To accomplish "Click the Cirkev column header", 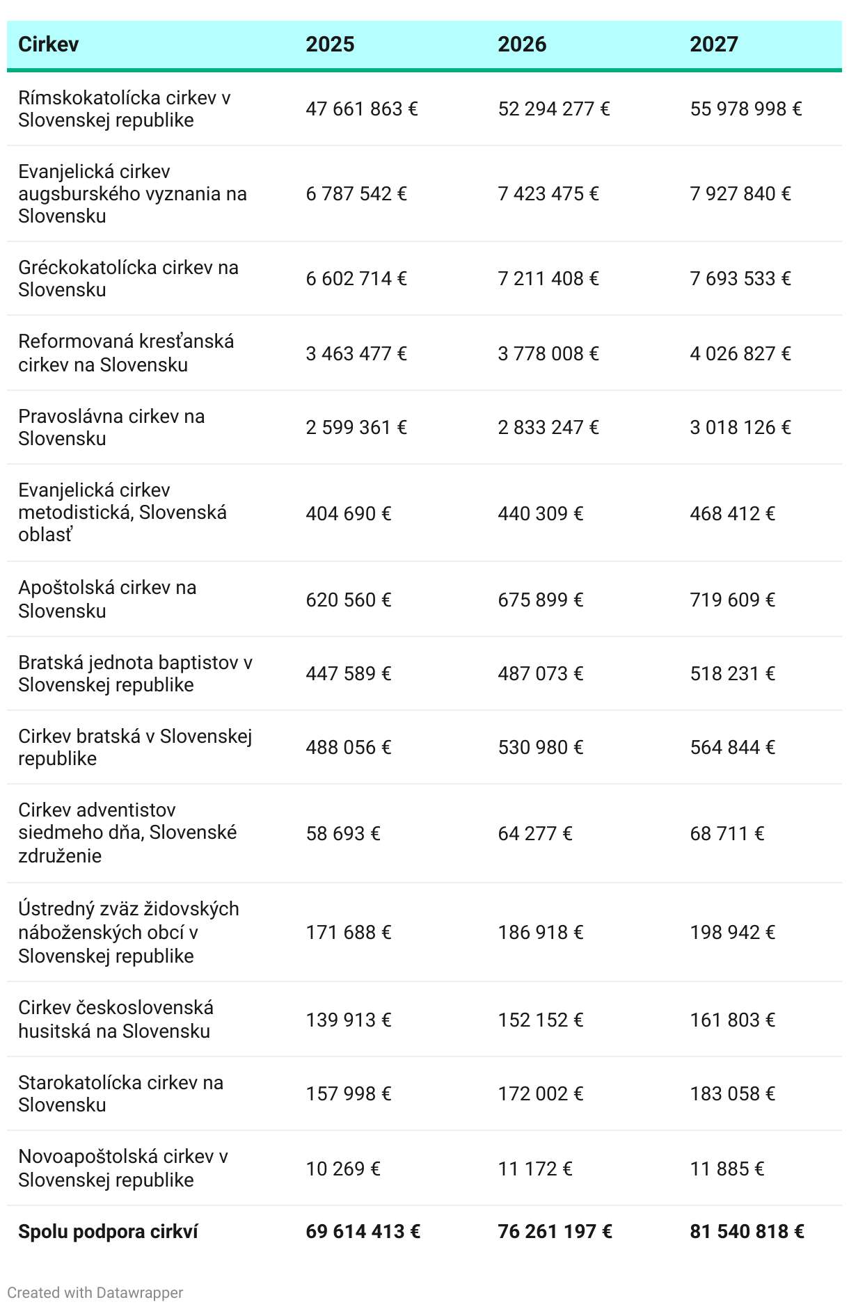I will (48, 45).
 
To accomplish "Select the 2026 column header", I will (522, 45).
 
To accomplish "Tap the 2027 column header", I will (714, 45).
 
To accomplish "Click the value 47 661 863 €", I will (362, 109).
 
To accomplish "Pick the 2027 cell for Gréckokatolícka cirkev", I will (740, 279).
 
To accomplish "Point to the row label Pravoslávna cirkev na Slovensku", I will (111, 427).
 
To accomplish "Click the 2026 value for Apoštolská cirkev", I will (541, 600).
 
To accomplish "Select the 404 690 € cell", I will (349, 513).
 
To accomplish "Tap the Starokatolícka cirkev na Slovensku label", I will (120, 1093).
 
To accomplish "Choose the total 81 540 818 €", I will (747, 1232).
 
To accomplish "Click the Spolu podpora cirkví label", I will (108, 1232).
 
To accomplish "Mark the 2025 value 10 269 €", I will (343, 1169).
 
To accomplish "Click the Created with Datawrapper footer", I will (95, 1292).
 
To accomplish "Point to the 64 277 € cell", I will (535, 833).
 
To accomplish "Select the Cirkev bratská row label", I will (135, 747).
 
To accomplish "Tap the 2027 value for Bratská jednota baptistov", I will (733, 673).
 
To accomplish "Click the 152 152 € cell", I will (541, 1020).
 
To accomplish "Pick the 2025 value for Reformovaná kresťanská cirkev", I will (356, 353).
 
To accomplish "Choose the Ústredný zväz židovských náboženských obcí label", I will (128, 932).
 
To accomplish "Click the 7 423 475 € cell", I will (548, 193).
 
